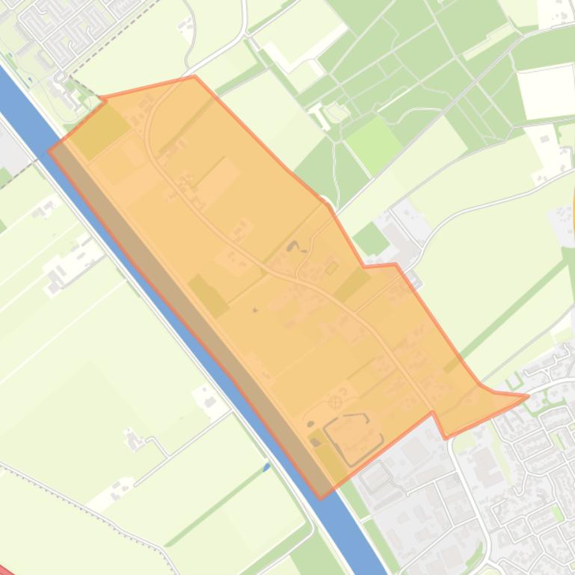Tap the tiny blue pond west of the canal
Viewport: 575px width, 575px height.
click(267, 467)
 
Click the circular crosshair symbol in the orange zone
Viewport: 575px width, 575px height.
click(336, 402)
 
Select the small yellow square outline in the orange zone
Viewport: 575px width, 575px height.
click(331, 267)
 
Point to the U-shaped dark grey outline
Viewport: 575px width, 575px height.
click(352, 436)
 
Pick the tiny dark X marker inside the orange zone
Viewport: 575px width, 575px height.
click(255, 309)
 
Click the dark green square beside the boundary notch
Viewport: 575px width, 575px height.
click(371, 239)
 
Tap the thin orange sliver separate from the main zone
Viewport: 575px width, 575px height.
click(573, 209)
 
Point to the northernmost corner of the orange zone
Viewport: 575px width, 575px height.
click(194, 76)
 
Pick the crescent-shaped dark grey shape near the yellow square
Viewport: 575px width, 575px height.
click(293, 246)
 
